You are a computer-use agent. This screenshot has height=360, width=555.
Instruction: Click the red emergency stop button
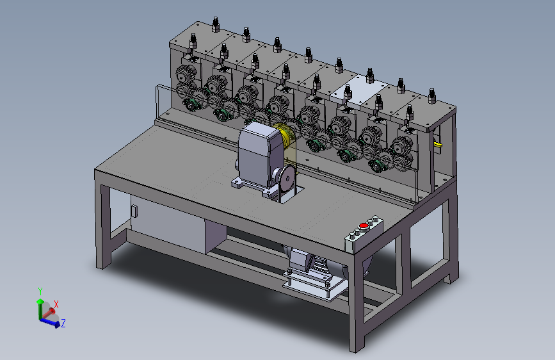click(363, 225)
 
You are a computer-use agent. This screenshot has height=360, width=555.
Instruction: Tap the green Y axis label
click(40, 291)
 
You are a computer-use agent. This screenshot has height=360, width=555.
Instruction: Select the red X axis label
click(56, 304)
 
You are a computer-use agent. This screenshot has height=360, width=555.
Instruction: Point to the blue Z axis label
click(63, 323)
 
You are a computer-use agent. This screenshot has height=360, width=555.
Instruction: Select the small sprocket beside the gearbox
click(286, 177)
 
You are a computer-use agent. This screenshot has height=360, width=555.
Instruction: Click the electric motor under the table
click(312, 264)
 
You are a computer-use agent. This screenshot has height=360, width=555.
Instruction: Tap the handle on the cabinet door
click(134, 211)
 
